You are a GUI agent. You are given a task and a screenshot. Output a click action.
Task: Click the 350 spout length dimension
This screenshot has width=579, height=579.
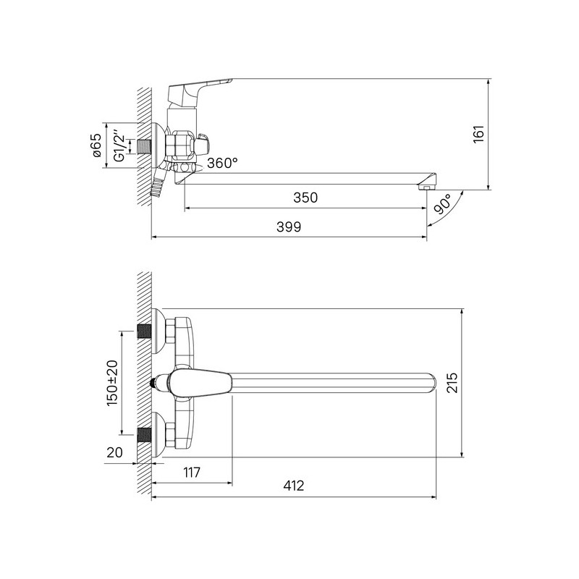[305, 198]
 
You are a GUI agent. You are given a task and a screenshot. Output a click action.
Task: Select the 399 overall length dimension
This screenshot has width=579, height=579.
[289, 227]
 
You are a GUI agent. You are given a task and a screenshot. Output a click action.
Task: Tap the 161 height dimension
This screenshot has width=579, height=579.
[478, 135]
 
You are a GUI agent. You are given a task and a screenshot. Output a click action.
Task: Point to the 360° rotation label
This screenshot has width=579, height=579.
[222, 163]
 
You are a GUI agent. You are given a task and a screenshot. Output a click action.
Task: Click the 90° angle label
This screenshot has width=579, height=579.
[442, 204]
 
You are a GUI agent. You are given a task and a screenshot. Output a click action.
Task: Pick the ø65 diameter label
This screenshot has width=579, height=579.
[96, 145]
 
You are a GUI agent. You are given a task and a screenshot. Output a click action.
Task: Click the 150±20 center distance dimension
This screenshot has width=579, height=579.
[112, 383]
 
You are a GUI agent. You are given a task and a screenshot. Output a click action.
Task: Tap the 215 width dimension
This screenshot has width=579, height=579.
[452, 383]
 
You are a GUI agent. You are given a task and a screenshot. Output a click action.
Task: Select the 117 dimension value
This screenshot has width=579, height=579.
[192, 472]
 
